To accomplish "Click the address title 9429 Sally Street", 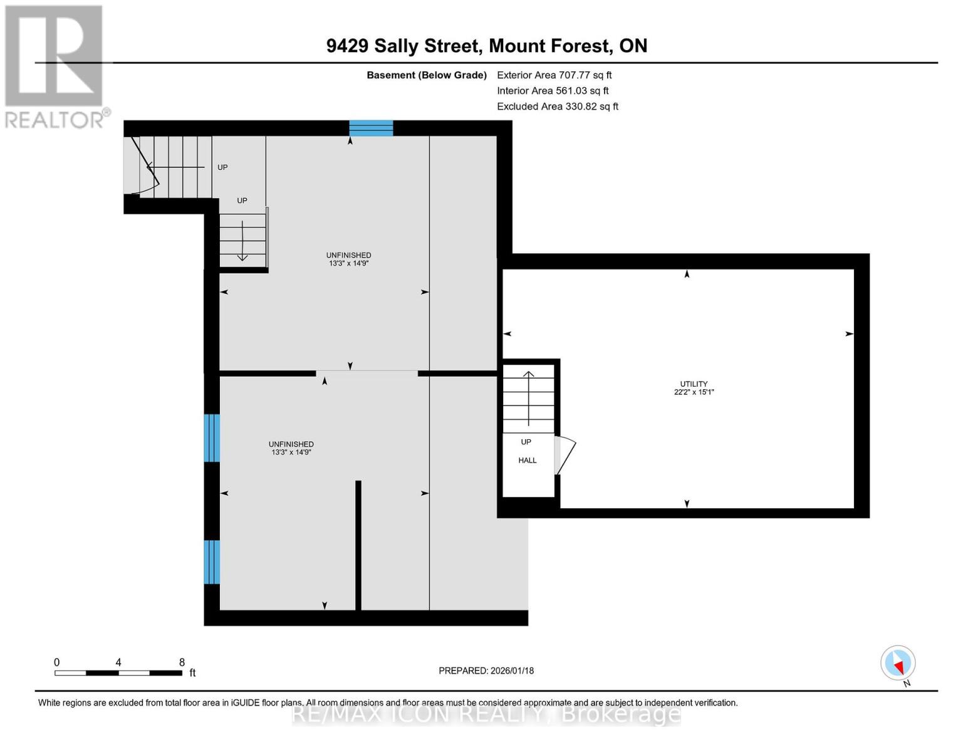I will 486,46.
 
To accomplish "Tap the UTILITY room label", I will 694,384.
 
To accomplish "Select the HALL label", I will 527,461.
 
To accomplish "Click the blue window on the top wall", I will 371,128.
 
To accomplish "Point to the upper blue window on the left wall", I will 212,437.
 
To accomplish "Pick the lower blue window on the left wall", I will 212,561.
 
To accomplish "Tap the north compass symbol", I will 898,663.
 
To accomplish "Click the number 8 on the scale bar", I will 182,662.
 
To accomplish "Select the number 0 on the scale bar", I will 57,662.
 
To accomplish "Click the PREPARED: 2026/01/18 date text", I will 486,671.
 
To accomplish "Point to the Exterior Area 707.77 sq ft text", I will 554,75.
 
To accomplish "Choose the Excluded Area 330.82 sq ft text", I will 557,107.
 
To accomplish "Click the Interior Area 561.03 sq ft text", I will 553,91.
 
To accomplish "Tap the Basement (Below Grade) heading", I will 427,75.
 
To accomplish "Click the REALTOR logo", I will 55,66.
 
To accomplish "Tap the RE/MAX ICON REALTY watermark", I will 486,714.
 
